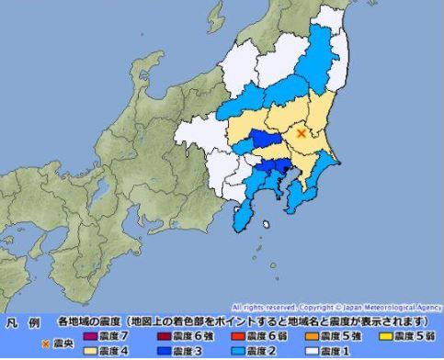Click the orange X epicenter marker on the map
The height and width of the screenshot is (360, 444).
(302, 134)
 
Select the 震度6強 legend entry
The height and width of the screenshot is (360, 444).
(172, 336)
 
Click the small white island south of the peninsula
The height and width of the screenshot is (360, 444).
(266, 222)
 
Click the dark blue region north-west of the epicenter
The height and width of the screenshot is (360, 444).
(266, 140)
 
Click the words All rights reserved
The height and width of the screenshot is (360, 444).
(263, 307)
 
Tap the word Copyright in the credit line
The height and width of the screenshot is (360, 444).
(318, 307)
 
